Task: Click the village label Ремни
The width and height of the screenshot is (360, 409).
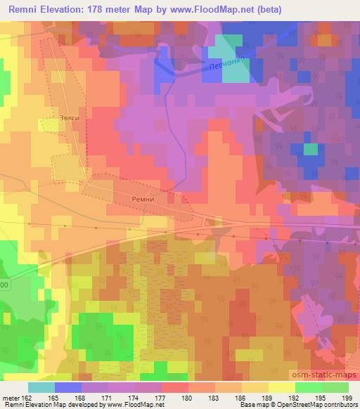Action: pos(142,199)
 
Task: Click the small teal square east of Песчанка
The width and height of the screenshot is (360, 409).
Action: pos(310,149)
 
